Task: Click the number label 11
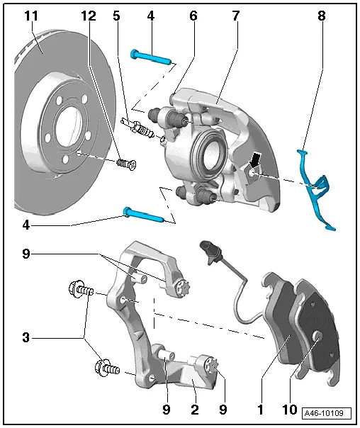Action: pyautogui.click(x=32, y=15)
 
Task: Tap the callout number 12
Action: pyautogui.click(x=87, y=15)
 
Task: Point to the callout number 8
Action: pyautogui.click(x=321, y=15)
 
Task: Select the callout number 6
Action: pyautogui.click(x=192, y=15)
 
